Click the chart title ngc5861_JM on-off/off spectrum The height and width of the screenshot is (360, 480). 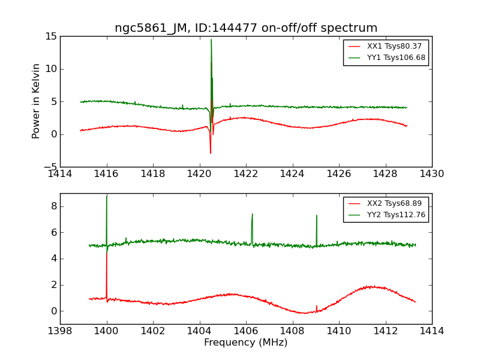246,28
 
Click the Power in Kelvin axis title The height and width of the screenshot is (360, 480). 37,101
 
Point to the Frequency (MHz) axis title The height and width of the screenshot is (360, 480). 245,343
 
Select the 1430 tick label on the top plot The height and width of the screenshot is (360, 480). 432,174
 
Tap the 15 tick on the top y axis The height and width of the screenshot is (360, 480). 50,37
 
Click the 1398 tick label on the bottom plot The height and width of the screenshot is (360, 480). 60,331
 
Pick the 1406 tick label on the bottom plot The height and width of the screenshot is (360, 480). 246,331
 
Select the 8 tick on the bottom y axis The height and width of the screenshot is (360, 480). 53,206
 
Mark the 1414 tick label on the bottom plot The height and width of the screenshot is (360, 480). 432,331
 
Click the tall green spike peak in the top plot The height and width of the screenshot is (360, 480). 211,40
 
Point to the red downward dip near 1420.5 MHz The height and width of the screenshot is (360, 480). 211,152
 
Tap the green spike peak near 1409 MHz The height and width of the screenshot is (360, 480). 316,215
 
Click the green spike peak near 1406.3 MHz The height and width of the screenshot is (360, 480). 252,214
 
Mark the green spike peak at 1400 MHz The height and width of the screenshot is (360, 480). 107,197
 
